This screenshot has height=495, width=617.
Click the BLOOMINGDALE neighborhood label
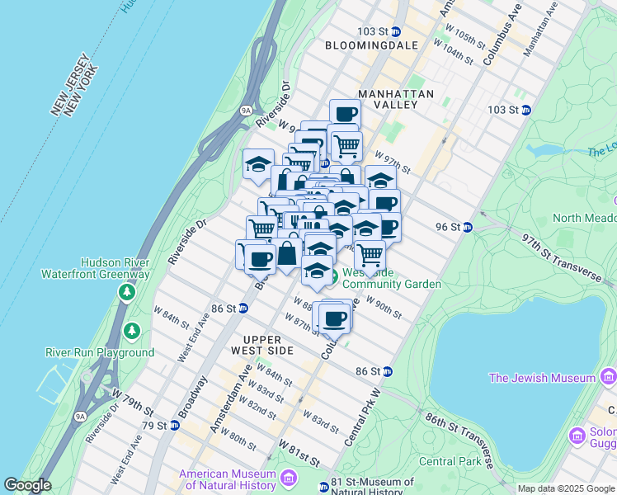(371, 45)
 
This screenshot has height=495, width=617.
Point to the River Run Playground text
(99, 352)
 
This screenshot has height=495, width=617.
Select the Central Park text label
(450, 461)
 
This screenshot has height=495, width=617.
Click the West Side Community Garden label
(391, 278)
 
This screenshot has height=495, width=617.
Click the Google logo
(26, 485)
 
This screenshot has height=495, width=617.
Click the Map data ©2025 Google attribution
(566, 488)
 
